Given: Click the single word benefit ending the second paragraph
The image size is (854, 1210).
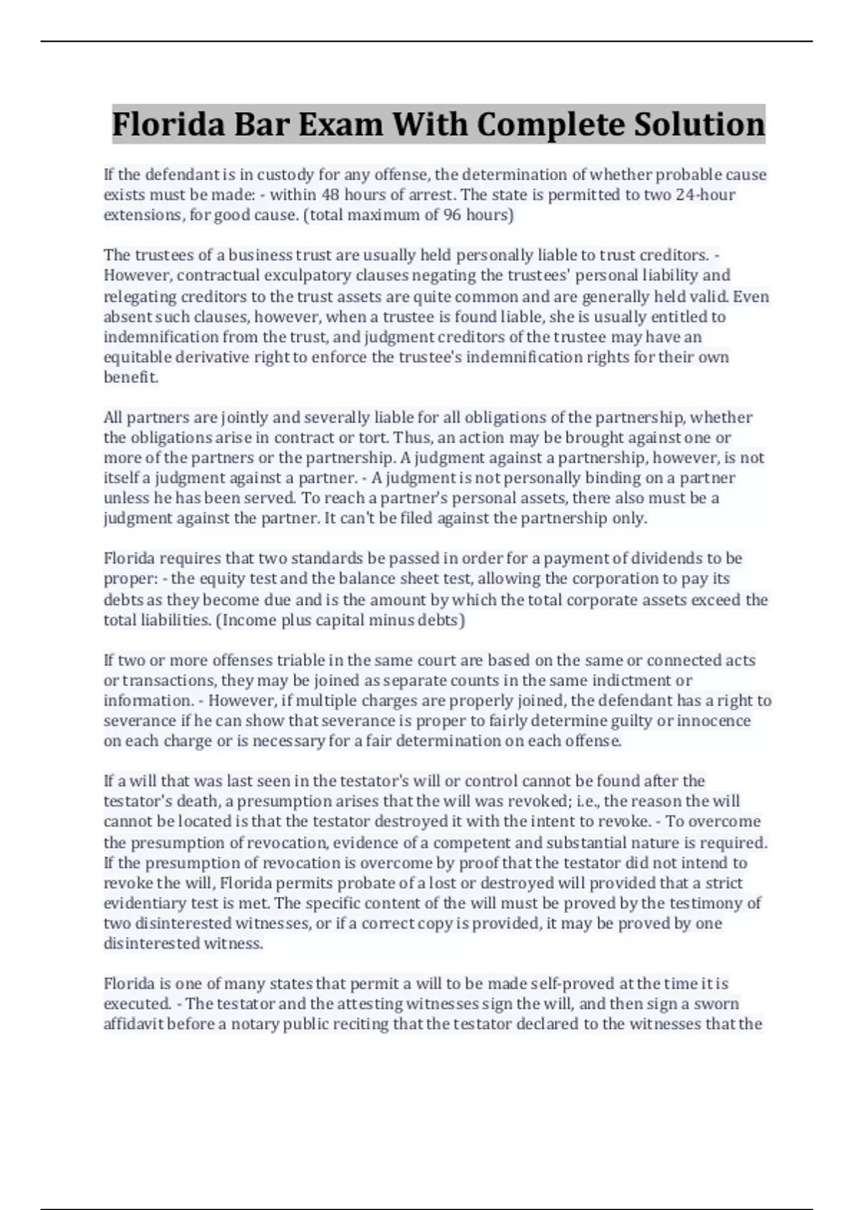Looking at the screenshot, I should pyautogui.click(x=130, y=377).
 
